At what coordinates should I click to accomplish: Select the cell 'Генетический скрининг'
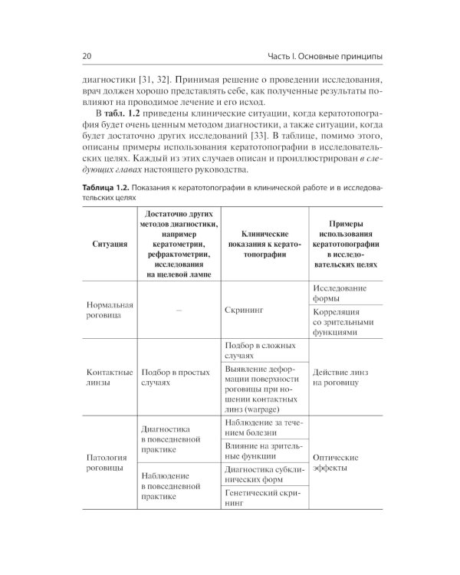pos(264,499)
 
